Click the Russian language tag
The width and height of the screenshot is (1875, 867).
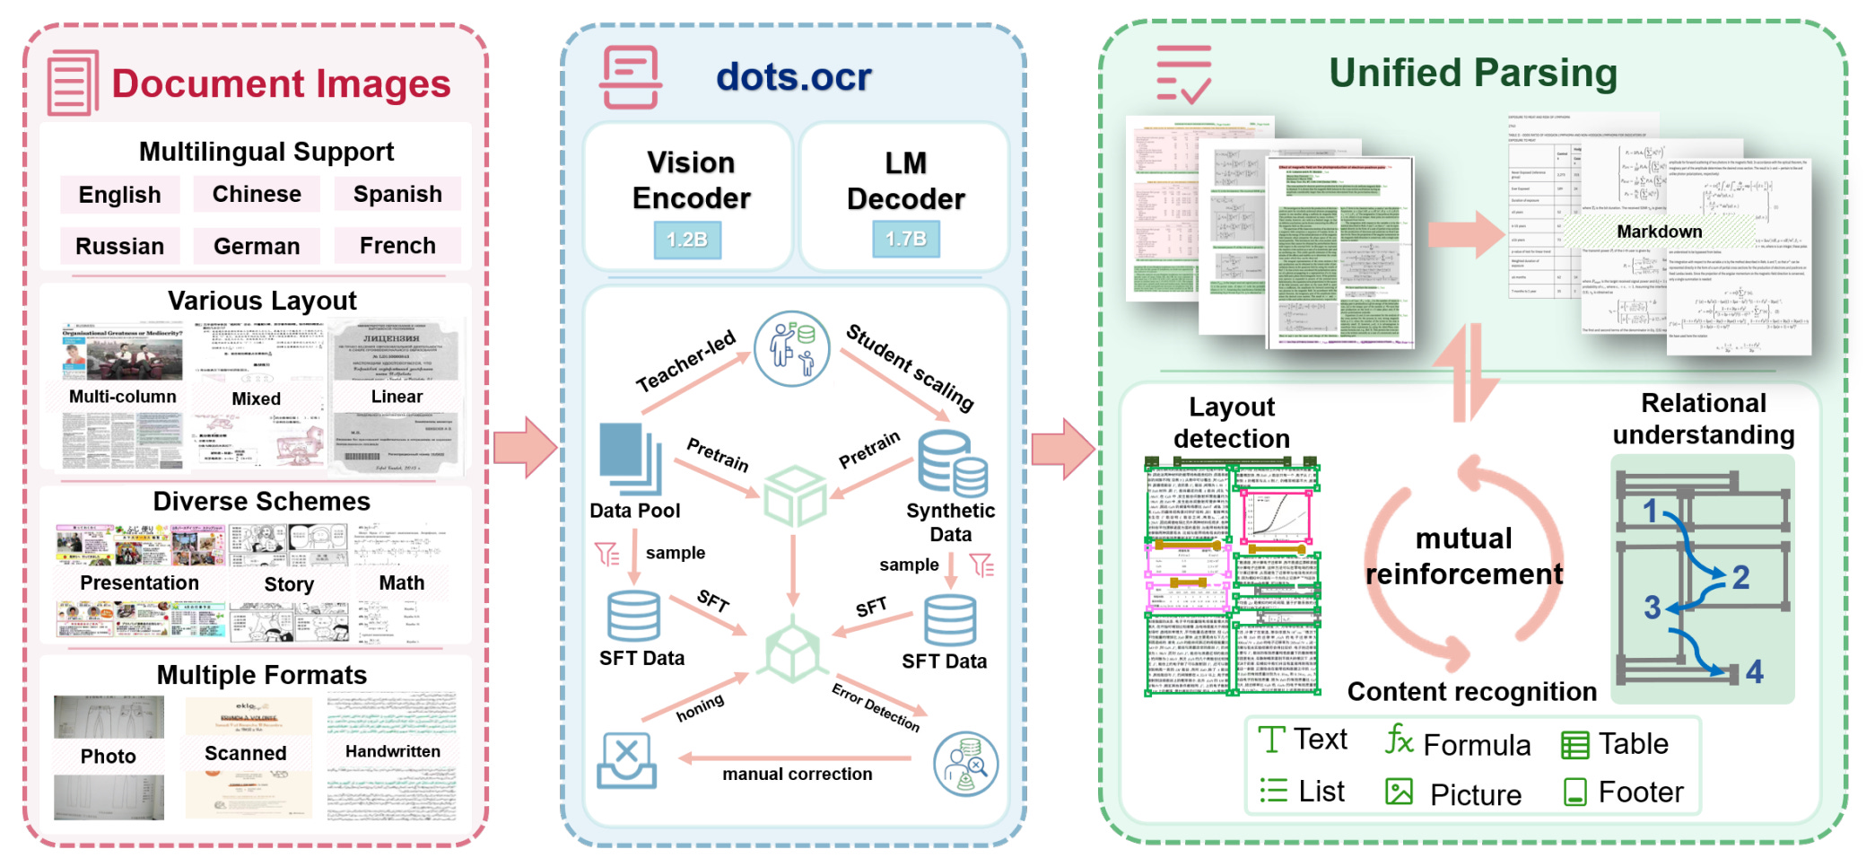click(119, 246)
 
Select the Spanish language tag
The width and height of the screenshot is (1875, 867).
click(397, 194)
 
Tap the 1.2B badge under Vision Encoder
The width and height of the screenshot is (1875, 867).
click(687, 240)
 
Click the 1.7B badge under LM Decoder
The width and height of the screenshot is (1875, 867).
click(906, 239)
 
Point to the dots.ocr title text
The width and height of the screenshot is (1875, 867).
click(793, 77)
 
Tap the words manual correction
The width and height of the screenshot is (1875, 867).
click(797, 774)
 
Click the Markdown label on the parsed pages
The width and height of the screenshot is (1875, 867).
click(1659, 232)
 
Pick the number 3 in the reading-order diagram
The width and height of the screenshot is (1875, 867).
click(1652, 608)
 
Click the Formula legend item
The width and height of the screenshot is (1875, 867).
click(1458, 744)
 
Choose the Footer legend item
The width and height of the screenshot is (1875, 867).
click(1624, 792)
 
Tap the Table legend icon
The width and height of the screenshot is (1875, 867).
click(1574, 745)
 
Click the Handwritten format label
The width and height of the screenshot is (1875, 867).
click(393, 751)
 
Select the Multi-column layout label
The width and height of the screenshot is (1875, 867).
click(123, 397)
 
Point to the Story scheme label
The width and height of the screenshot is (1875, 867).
click(289, 584)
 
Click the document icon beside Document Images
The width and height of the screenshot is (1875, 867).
click(73, 83)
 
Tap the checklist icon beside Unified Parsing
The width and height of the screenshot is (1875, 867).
click(1183, 74)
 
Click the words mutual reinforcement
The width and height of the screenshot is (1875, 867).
click(1464, 556)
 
